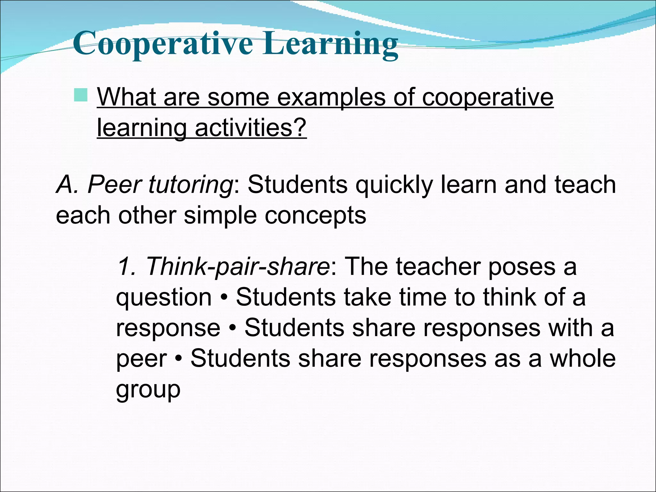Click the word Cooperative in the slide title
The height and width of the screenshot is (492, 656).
tap(163, 44)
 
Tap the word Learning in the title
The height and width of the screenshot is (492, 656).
tap(331, 44)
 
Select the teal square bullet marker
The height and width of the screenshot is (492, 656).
tap(80, 95)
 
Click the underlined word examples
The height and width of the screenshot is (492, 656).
tap(331, 98)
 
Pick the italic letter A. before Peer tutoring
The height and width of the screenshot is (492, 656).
tap(68, 185)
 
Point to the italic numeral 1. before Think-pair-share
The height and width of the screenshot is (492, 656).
tap(127, 266)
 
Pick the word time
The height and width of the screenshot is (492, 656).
tap(423, 297)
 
